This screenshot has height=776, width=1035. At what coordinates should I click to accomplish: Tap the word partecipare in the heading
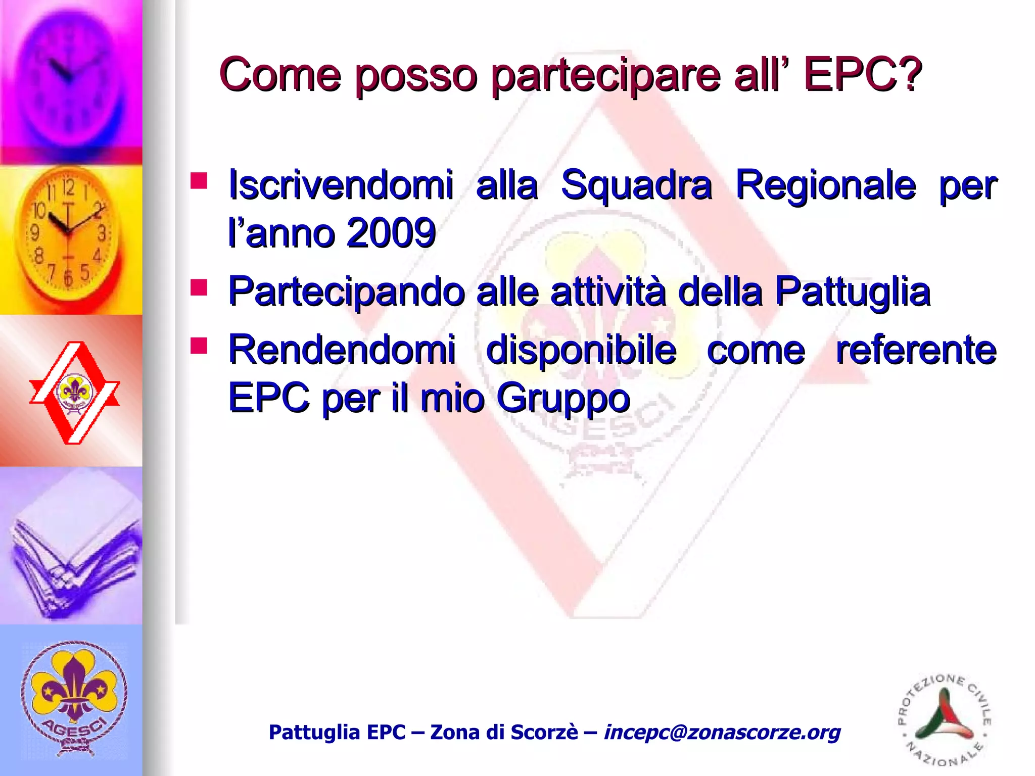tap(606, 76)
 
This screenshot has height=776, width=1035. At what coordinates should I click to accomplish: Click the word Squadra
tap(636, 185)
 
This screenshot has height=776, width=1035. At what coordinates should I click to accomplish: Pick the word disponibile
tap(581, 350)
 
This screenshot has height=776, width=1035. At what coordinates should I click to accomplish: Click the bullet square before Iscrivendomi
tap(199, 180)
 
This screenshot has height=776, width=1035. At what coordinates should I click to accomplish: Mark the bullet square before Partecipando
tap(199, 287)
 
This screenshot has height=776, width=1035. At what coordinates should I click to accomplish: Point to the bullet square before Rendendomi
tap(199, 346)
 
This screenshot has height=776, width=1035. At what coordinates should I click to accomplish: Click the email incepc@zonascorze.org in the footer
tap(722, 732)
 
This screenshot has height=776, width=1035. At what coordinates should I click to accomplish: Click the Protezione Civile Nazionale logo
tap(944, 720)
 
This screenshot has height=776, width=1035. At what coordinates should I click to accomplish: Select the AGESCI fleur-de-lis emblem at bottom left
tap(74, 698)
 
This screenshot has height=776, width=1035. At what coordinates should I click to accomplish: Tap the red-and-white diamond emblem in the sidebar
tap(74, 393)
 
